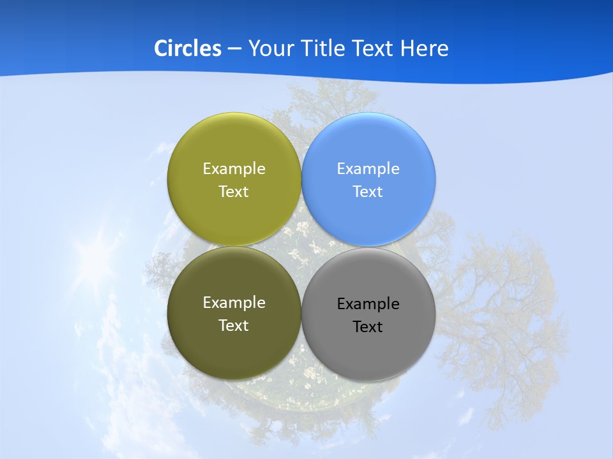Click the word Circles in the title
[x=187, y=48]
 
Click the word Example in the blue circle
[x=368, y=169]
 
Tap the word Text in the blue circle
[x=368, y=192]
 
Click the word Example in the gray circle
[x=368, y=304]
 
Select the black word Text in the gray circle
[x=368, y=327]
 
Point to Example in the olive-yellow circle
[x=234, y=169]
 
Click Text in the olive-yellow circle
[x=234, y=192]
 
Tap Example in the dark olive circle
[x=234, y=303]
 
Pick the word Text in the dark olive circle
[x=234, y=326]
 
